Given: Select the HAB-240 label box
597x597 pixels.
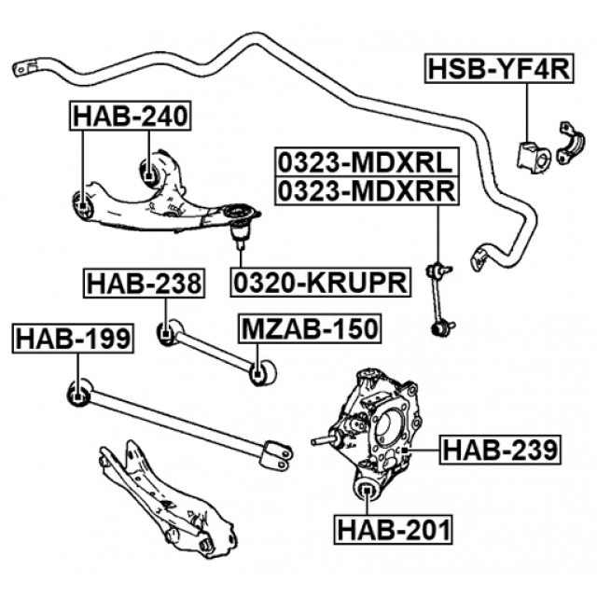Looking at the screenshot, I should (x=131, y=116).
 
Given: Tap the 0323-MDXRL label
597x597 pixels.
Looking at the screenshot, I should (x=365, y=162).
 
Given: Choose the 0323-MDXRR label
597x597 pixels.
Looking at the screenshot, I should (x=365, y=191).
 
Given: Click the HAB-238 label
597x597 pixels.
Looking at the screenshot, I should (x=144, y=283).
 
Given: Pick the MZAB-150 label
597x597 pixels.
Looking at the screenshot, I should (x=310, y=328).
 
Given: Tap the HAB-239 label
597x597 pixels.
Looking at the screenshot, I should (x=500, y=450).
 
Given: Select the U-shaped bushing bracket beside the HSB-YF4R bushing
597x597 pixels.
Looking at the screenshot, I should (x=567, y=143).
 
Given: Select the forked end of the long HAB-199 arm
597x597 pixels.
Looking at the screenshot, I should (x=277, y=452).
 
